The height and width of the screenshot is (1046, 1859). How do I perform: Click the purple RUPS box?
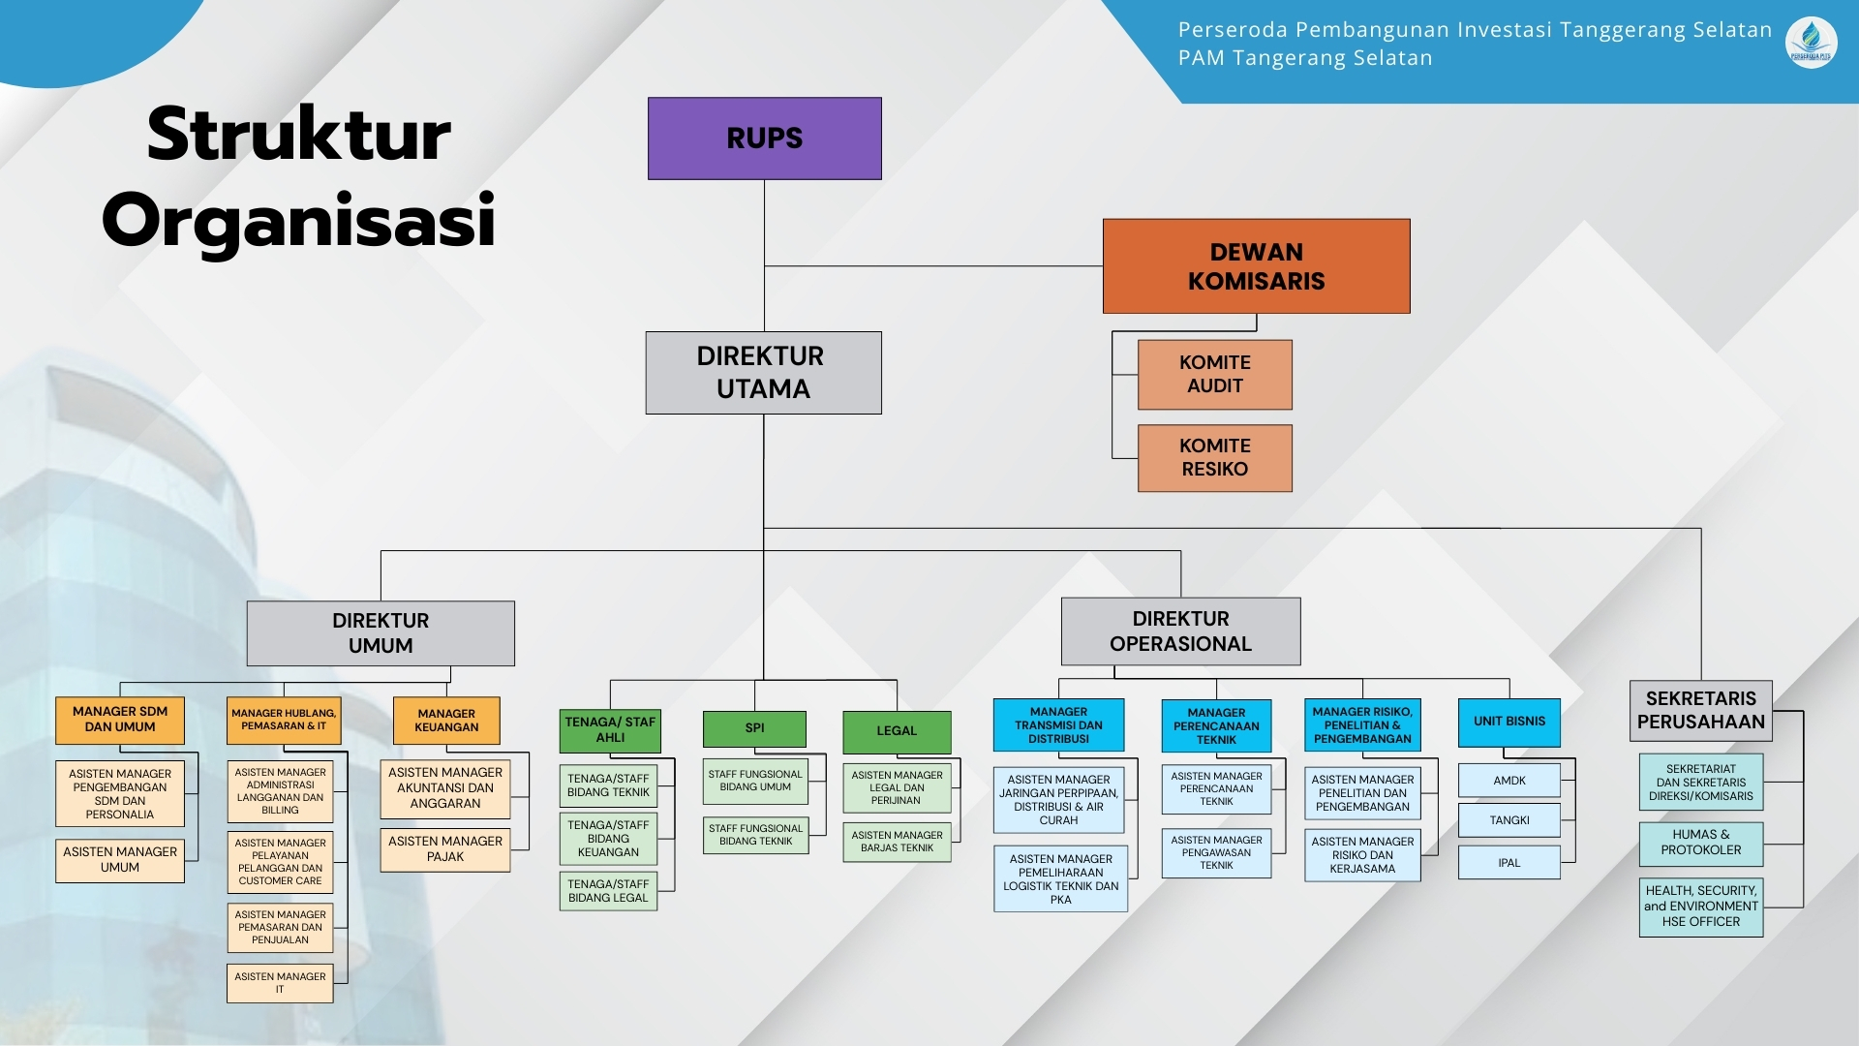click(x=764, y=138)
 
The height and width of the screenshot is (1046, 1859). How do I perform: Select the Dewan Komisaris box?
click(x=1256, y=265)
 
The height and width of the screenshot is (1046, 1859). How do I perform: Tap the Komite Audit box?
click(x=1214, y=374)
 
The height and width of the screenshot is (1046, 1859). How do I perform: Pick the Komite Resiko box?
click(x=1214, y=457)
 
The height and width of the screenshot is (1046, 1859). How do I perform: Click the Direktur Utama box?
click(x=763, y=373)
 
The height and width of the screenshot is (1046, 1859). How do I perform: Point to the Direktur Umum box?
click(x=381, y=632)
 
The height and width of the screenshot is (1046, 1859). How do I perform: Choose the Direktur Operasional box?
click(x=1180, y=631)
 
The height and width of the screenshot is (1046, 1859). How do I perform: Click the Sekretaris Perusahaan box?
click(x=1700, y=710)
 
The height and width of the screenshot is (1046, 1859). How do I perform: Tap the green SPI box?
click(x=754, y=728)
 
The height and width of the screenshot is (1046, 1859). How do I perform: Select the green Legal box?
click(x=897, y=731)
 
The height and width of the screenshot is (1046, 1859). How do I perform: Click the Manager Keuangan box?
click(x=446, y=721)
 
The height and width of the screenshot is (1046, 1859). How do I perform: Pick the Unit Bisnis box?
click(x=1509, y=722)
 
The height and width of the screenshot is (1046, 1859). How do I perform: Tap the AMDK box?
click(x=1509, y=781)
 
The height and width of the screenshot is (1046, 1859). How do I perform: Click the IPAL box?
click(x=1509, y=863)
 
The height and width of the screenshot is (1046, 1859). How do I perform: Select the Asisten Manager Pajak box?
click(x=445, y=849)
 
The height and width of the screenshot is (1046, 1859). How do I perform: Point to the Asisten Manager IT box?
click(x=280, y=983)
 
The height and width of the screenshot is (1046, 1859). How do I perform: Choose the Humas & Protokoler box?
click(x=1700, y=843)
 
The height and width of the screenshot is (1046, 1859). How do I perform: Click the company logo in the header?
click(x=1811, y=42)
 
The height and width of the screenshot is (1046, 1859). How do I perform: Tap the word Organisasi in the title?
click(x=299, y=221)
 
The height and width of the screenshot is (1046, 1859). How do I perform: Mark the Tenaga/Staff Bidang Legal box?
click(x=608, y=891)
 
